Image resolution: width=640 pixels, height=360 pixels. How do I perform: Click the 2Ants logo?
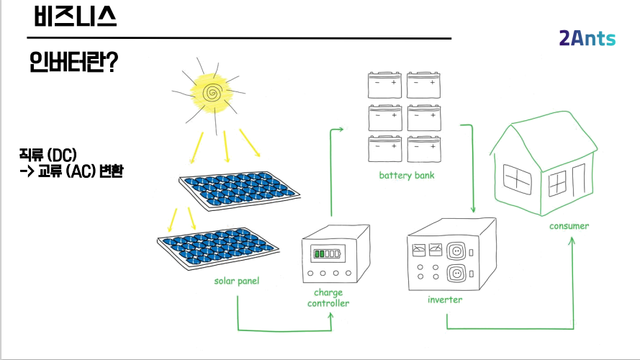click(587, 39)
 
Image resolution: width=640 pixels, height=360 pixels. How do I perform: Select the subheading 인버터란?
click(74, 63)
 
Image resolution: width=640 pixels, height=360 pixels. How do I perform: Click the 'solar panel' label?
click(237, 281)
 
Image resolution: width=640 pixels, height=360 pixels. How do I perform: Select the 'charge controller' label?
click(328, 298)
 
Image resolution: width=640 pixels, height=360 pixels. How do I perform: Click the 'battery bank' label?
click(407, 176)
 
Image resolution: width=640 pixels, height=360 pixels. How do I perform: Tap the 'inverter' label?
click(444, 300)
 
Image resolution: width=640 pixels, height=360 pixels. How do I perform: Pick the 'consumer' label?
click(569, 226)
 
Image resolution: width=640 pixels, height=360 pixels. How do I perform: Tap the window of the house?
click(516, 176)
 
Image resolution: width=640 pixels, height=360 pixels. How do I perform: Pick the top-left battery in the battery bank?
click(384, 84)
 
